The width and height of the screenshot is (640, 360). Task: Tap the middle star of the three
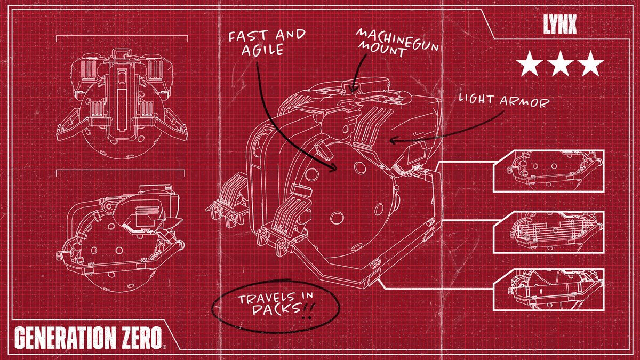[x=559, y=65]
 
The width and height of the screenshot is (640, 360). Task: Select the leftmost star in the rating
[x=529, y=65]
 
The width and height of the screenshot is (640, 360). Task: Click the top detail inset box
[x=549, y=171]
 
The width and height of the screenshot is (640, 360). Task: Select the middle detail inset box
[x=549, y=232]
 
